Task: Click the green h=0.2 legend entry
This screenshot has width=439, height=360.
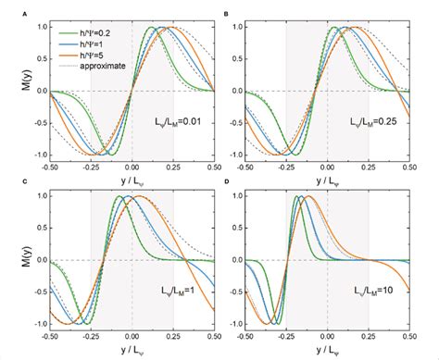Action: pyautogui.click(x=85, y=31)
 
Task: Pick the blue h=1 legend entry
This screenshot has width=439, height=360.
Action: pyautogui.click(x=83, y=43)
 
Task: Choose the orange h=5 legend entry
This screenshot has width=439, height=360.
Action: pyautogui.click(x=83, y=55)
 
